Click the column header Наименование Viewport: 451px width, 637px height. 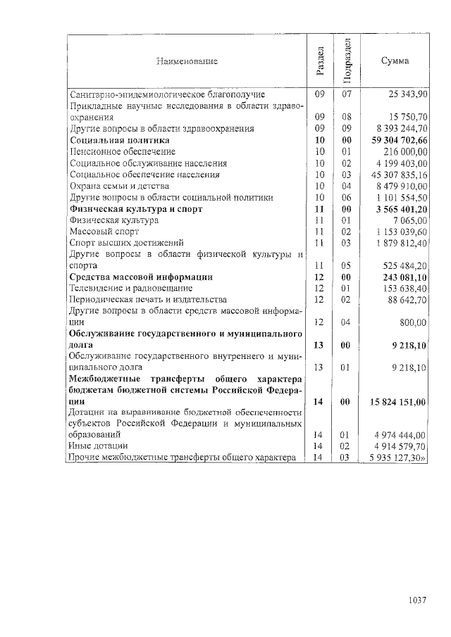(187, 61)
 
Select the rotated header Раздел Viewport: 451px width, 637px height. (319, 61)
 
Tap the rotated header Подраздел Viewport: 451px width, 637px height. (346, 61)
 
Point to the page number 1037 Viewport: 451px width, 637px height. (418, 600)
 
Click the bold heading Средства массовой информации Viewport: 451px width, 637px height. (140, 277)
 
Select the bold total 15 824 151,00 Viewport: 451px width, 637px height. (399, 402)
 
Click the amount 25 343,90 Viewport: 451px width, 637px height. (408, 94)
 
